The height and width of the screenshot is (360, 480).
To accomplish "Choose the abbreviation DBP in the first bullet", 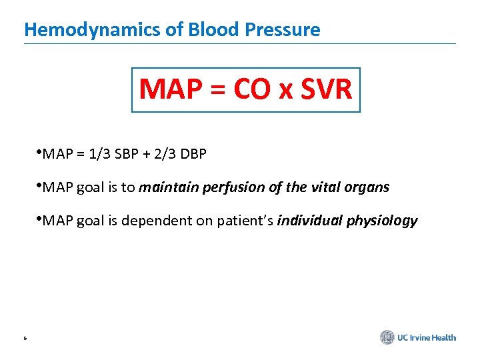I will coord(191,155).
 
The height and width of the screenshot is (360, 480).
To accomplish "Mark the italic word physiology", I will coord(382,221).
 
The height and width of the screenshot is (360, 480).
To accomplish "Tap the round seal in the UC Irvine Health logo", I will coord(387,337).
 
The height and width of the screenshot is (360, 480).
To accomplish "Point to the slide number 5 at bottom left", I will coord(25,339).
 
